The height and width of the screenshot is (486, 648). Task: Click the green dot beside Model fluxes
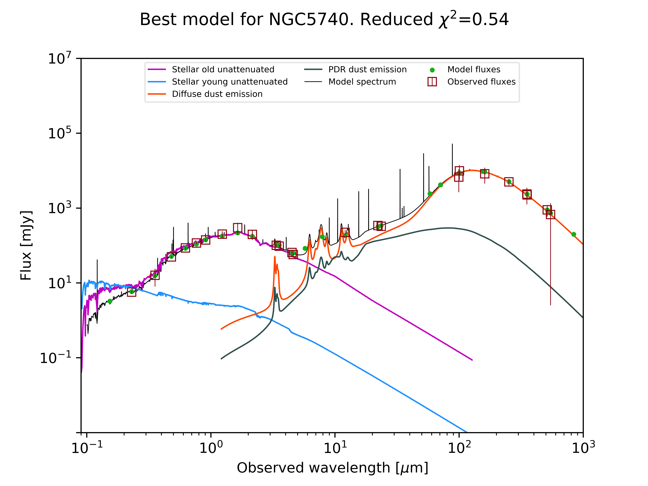click(x=432, y=70)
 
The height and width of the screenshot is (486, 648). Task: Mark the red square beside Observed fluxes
click(x=432, y=82)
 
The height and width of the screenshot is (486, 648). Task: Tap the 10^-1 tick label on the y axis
click(x=56, y=358)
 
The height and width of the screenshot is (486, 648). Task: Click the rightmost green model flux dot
click(x=574, y=234)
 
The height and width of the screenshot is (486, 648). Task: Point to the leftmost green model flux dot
click(x=110, y=301)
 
